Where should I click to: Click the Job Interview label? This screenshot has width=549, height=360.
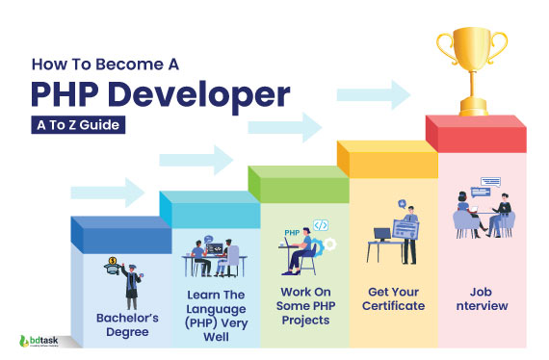[x=482, y=297]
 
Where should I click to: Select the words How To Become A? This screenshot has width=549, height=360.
[x=105, y=68]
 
